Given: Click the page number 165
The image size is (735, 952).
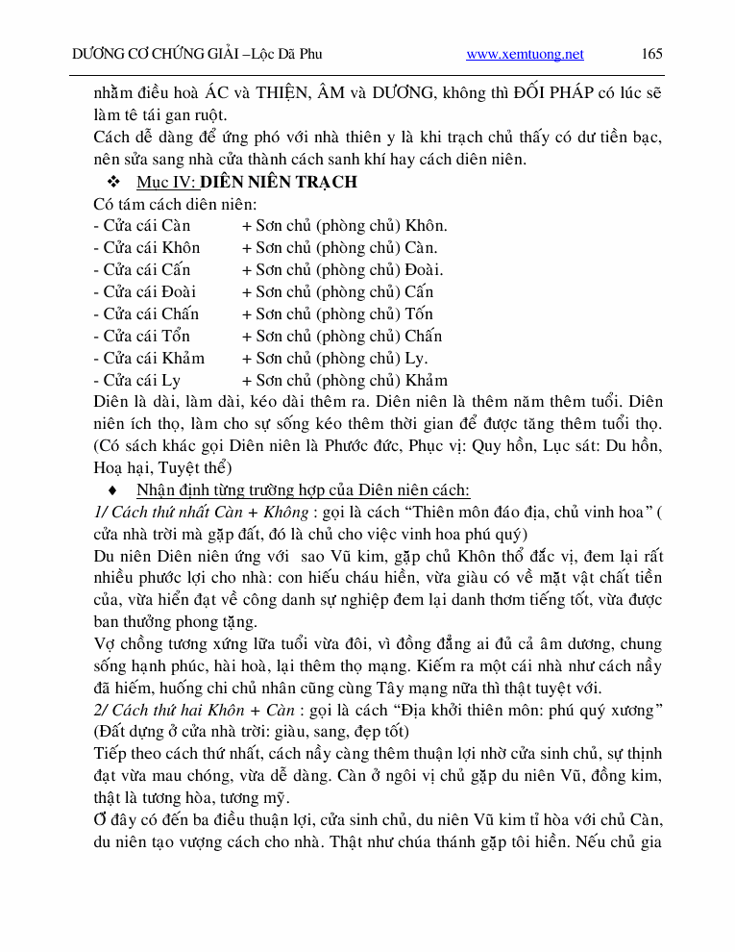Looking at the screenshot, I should coord(651,54).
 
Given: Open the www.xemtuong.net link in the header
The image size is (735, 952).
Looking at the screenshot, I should coord(525,55).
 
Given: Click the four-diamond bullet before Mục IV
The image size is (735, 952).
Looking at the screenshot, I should coord(113,182).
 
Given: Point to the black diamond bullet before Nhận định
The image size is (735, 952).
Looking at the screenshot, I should coord(113,490).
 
